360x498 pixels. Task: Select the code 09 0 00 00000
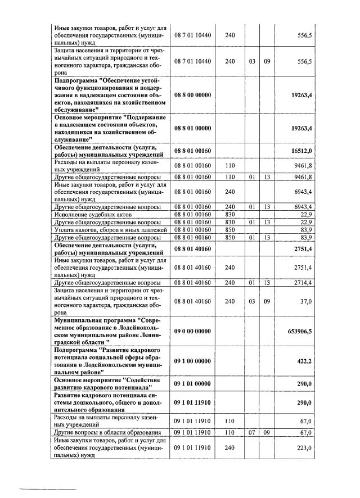(192, 332)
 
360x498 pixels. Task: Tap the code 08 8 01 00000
(192, 128)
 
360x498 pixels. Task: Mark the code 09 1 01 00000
(192, 383)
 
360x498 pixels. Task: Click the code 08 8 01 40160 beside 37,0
(192, 301)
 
